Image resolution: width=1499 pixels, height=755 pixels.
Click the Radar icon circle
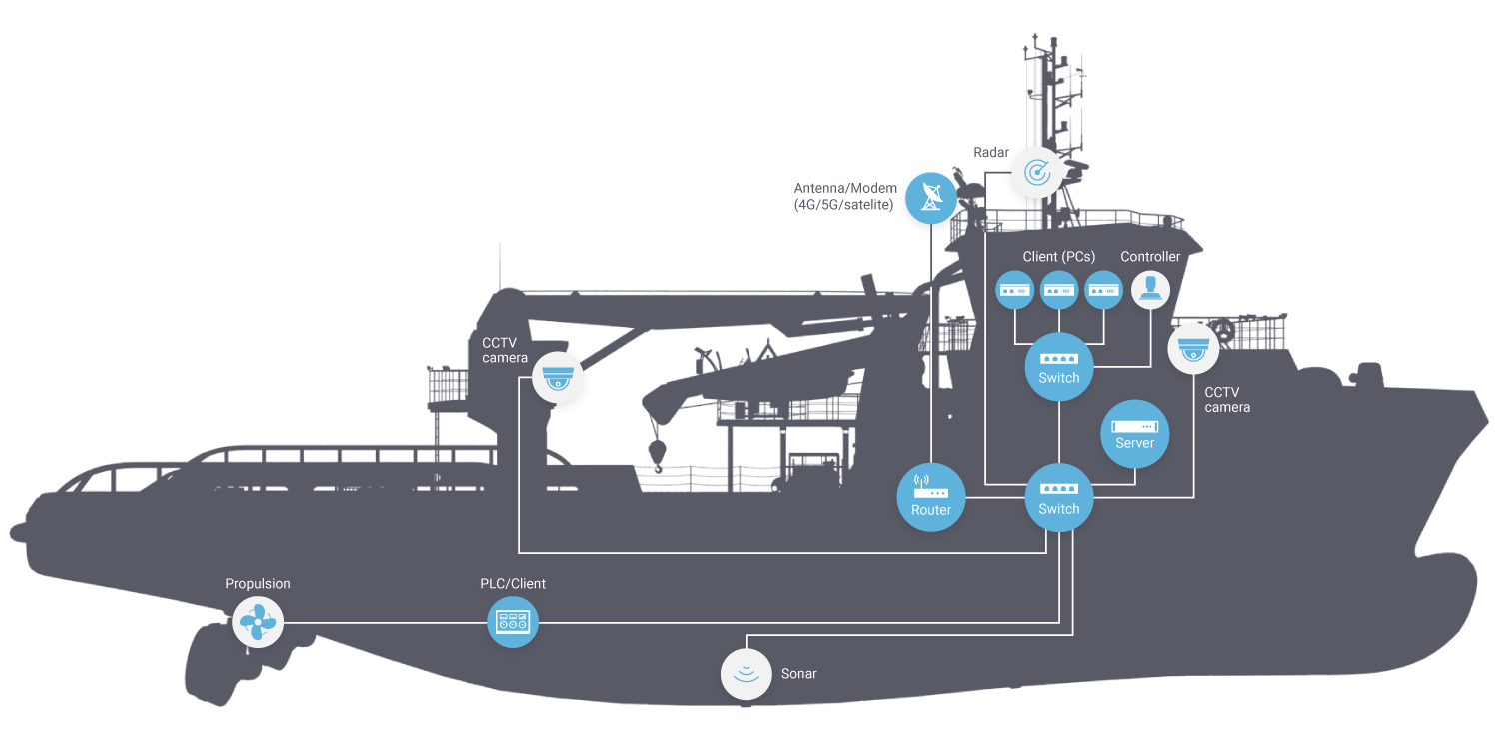pos(1036,173)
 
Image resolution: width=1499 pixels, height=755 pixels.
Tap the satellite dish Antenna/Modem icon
pos(930,197)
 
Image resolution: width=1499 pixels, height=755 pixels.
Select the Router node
pos(931,497)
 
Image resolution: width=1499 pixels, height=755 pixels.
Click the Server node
pos(1134,433)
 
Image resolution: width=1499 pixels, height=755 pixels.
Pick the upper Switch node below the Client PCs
pos(1058,366)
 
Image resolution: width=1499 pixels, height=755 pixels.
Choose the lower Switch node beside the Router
pos(1058,497)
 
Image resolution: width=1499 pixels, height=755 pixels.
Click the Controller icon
pos(1150,290)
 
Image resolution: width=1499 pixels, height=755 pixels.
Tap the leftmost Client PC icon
pos(1015,290)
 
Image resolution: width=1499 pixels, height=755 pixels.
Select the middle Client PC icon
pos(1059,290)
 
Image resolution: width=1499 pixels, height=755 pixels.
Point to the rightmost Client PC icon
pos(1103,290)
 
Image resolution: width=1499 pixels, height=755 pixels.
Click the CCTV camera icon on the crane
pos(557,377)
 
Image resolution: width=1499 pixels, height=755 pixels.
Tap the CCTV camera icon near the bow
pos(1193,349)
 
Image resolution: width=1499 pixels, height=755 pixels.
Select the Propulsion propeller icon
pos(258,622)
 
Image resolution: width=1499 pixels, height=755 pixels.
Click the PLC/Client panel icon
pos(512,622)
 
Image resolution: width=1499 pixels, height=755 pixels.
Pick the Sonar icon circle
pos(747,673)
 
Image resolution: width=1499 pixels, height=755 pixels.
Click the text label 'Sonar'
pos(798,674)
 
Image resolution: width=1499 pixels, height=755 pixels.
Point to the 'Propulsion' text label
pos(258,583)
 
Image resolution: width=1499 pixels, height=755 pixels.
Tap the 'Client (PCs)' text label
pos(1058,257)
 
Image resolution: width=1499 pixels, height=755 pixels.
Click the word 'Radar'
pos(992,153)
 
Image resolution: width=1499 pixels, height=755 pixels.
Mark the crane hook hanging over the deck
pos(657,453)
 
